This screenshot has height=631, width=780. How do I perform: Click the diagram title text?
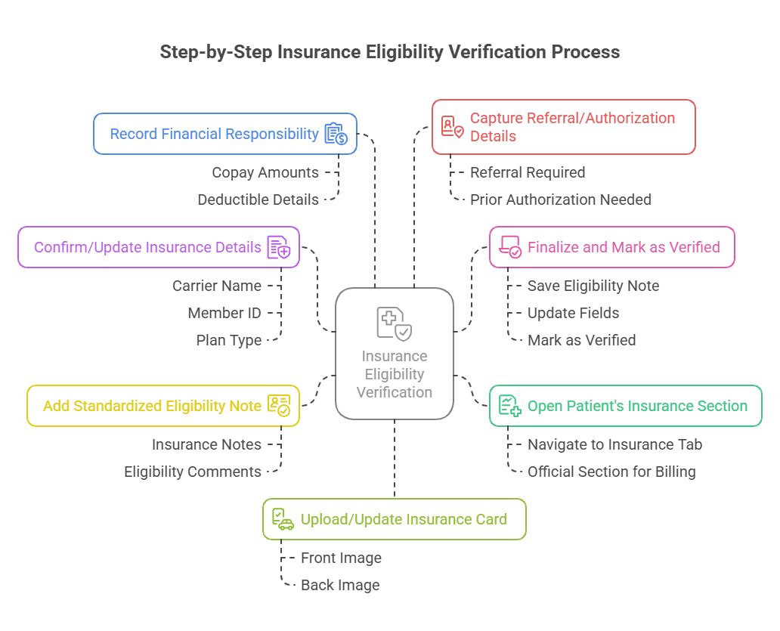point(390,52)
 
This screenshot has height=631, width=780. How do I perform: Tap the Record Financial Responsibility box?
point(224,134)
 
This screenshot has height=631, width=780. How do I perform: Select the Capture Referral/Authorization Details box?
point(563,127)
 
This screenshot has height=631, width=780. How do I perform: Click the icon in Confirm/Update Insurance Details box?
point(278,247)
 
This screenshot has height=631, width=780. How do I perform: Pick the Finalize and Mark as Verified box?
point(611,247)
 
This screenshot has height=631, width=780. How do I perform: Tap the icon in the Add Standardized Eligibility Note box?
point(278,406)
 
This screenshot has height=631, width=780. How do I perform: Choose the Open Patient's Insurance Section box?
point(625,406)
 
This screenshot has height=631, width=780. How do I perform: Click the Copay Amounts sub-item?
point(265,172)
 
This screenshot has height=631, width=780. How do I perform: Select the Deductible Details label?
point(258,200)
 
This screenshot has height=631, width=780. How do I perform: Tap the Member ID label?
point(224,313)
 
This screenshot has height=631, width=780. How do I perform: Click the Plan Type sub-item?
point(228,340)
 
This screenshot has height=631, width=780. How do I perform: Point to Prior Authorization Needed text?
point(560,200)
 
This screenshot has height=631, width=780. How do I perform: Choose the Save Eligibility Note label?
point(593,286)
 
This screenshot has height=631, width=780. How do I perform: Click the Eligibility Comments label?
point(193,472)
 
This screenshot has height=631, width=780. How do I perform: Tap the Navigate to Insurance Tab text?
point(614,444)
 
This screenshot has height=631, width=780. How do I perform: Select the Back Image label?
point(340,585)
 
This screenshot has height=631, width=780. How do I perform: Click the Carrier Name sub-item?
point(217,286)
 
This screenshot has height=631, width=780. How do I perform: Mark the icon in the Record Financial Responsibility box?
point(336,134)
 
